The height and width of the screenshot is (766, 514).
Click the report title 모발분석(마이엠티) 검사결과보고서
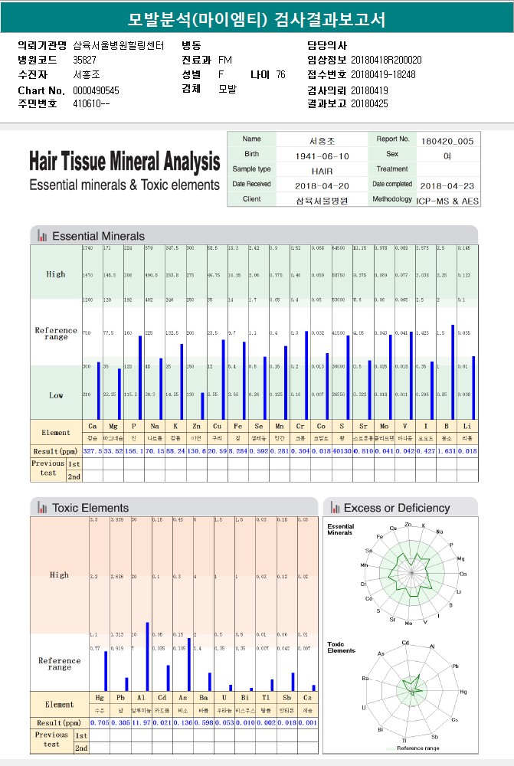point(257,19)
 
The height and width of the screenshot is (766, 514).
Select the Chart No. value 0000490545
point(97,90)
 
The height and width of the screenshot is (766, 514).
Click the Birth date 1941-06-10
point(322,155)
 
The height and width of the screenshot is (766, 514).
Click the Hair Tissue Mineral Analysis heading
point(124,162)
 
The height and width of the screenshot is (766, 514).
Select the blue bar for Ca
point(99,390)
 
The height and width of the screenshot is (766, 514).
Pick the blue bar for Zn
point(202,405)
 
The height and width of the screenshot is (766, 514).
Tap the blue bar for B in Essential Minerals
point(453,372)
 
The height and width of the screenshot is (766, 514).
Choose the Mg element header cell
point(113,426)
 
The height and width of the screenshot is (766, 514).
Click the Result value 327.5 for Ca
point(92,450)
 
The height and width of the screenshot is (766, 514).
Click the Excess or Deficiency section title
point(396,508)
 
